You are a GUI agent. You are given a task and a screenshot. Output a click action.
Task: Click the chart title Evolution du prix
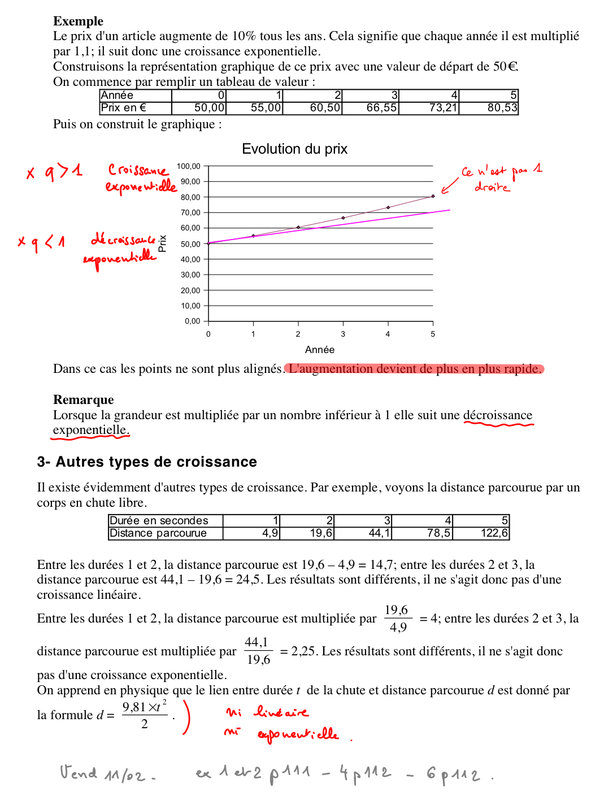coord(294,149)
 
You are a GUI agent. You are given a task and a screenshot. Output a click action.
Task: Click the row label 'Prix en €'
coord(123,108)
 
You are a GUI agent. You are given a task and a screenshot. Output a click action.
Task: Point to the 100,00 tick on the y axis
coord(189,166)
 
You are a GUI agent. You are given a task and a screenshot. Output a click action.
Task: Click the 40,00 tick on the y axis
coord(190,259)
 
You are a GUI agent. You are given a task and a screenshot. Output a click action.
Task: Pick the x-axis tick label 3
coord(343,334)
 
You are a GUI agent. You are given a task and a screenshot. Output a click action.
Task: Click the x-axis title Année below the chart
coord(320,350)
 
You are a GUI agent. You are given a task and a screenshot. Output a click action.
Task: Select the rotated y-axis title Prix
coord(163,243)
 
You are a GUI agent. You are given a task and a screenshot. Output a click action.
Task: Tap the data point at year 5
coord(433,196)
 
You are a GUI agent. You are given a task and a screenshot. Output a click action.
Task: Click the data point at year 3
coord(343,218)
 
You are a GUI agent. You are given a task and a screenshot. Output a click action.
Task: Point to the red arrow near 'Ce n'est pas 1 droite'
coord(450,186)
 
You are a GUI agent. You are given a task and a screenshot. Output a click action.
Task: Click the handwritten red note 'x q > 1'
coord(54,171)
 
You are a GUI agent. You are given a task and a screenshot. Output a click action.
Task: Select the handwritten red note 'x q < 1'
coord(41,242)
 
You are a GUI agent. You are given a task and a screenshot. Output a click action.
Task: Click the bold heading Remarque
coord(84,400)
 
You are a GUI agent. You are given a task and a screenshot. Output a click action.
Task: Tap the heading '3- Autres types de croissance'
coord(147,462)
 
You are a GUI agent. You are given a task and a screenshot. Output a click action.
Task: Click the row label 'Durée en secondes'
coord(159,521)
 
